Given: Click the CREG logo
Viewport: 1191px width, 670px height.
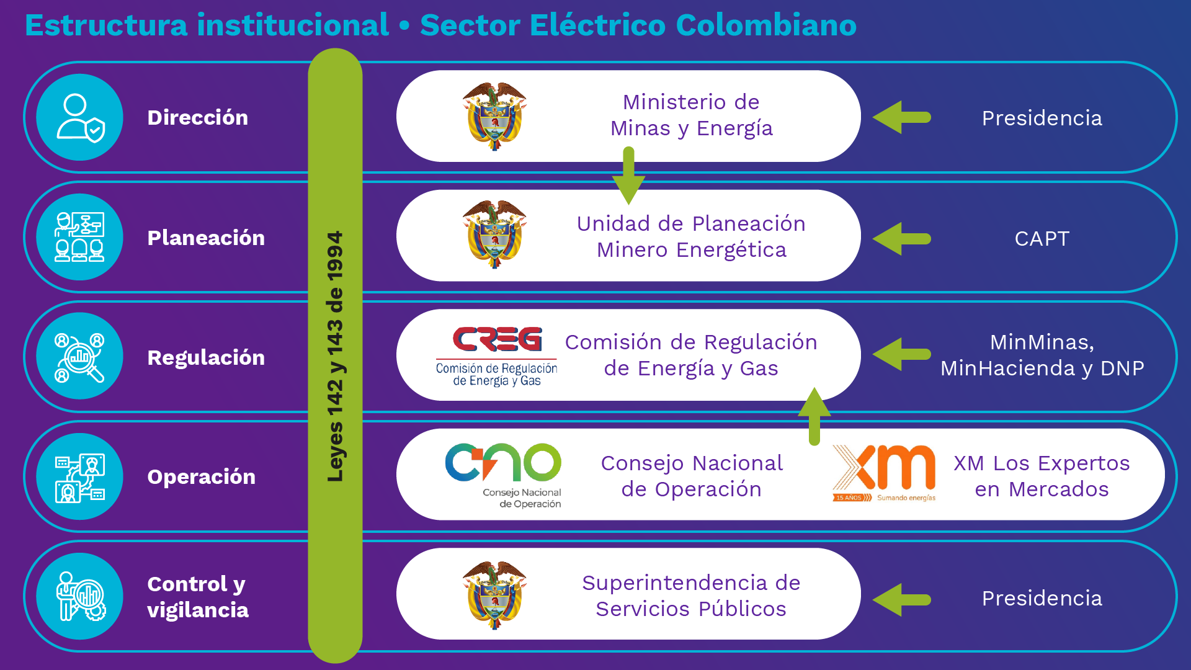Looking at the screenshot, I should point(497,355).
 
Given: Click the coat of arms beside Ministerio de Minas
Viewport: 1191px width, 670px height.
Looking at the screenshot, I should point(494,116).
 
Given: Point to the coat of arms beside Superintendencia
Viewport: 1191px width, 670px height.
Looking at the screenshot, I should point(494,594).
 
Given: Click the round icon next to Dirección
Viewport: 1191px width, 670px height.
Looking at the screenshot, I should point(79,117).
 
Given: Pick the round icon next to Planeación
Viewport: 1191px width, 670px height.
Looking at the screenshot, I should point(79,237).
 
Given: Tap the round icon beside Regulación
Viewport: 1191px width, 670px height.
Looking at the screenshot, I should point(79,357).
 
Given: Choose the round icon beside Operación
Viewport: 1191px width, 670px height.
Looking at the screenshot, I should point(79,476).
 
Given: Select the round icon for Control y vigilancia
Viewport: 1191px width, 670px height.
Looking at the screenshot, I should point(79,596).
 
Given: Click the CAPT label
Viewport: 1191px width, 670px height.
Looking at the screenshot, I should point(1042,239).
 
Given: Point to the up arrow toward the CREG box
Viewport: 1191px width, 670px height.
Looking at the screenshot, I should point(814,416).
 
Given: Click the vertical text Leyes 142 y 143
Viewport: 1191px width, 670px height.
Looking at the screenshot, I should point(335,357).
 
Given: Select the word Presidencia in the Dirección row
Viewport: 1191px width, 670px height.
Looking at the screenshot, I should point(1042,118).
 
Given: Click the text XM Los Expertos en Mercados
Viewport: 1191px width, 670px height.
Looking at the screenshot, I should point(1042,476).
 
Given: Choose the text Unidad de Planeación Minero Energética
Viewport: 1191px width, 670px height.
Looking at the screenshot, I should point(691,236).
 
